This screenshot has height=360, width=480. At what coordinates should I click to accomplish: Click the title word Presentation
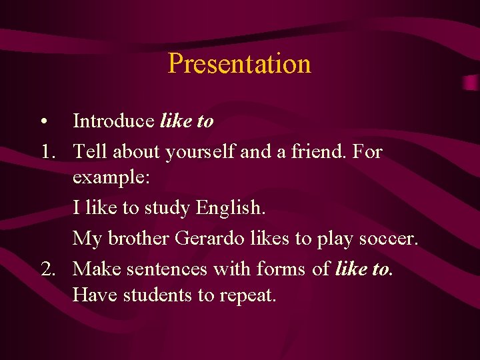(239, 64)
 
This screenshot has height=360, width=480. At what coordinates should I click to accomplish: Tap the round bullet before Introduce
(43, 121)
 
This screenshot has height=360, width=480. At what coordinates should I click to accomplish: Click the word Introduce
(113, 121)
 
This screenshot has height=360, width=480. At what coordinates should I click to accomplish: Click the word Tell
(91, 152)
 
